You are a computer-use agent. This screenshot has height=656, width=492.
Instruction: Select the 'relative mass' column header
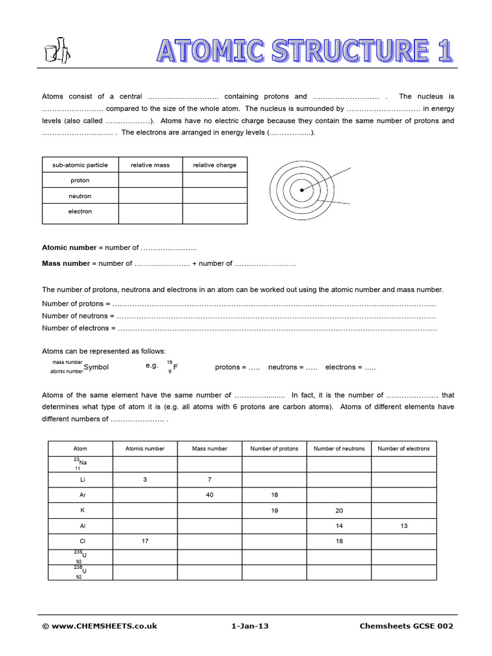tap(150, 165)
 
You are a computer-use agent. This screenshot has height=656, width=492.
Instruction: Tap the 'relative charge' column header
tap(215, 165)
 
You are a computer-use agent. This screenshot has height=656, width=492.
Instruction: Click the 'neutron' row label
tap(80, 196)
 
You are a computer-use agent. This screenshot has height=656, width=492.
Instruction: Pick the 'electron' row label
tap(80, 211)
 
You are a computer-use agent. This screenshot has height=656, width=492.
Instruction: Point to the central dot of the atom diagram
tap(302, 190)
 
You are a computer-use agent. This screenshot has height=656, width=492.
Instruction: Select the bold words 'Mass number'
tap(66, 263)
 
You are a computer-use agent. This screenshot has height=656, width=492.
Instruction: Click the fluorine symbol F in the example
tap(176, 367)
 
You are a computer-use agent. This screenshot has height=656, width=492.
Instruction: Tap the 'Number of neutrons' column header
tap(339, 448)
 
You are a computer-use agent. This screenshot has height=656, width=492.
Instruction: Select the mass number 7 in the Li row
tap(209, 479)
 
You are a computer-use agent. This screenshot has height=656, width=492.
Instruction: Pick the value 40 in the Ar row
tap(209, 495)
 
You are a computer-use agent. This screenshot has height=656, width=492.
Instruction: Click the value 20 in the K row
tap(339, 511)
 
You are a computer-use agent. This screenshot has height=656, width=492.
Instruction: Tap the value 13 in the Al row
tap(404, 526)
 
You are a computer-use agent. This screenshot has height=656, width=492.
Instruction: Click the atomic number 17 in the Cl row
tap(145, 541)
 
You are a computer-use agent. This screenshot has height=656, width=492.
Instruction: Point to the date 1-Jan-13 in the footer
tap(250, 626)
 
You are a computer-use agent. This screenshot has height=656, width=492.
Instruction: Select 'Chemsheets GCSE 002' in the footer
tap(406, 626)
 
